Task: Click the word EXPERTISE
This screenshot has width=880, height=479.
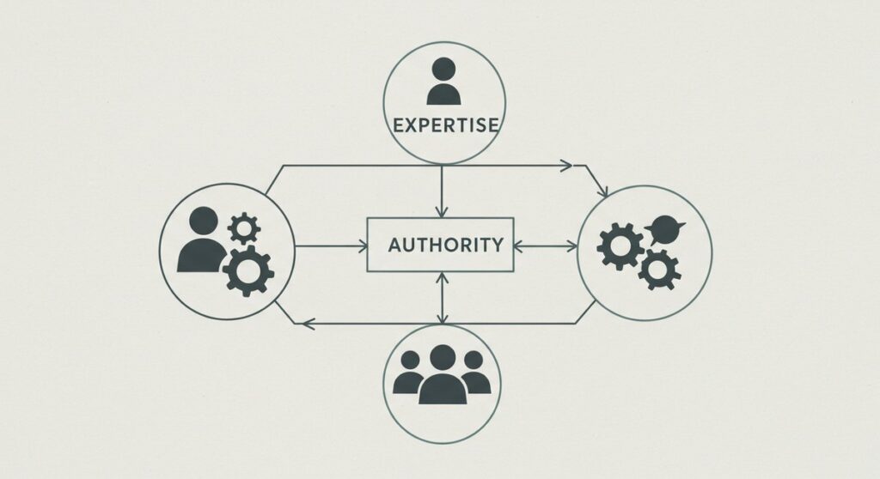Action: pos(446,125)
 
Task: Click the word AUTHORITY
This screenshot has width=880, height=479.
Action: pos(446,246)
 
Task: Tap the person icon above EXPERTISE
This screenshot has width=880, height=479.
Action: pos(444,82)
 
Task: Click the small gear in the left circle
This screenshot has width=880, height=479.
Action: pos(244,228)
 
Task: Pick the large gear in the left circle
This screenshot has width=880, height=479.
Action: pos(248,271)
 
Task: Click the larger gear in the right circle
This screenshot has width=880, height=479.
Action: pos(620,246)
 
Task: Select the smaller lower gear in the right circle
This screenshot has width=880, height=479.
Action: pos(659,270)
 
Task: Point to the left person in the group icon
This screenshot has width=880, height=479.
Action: pos(408,373)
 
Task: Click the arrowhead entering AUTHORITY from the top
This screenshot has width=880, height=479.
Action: pos(442,211)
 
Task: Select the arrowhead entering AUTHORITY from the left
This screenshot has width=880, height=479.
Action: pos(362,246)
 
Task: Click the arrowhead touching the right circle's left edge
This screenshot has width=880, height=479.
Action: pos(571,246)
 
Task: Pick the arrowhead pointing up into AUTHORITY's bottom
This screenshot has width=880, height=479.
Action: pos(443,278)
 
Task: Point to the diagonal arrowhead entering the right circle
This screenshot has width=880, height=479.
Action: pos(602,191)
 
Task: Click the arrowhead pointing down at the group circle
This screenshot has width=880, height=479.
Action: pos(443,318)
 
